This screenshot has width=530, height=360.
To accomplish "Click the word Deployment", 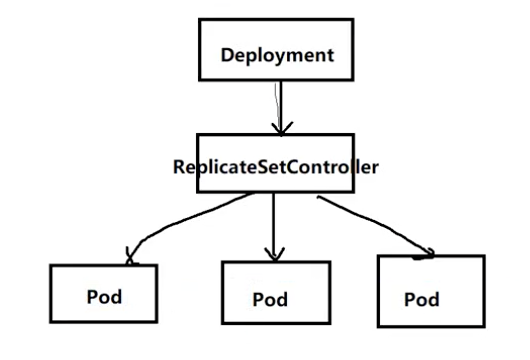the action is (x=277, y=55).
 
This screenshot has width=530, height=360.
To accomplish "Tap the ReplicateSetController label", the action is (x=276, y=167).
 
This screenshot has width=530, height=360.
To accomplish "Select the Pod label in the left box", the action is (x=104, y=297).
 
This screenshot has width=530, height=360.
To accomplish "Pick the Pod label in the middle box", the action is (x=270, y=299).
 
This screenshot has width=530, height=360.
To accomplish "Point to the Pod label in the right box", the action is (x=422, y=299).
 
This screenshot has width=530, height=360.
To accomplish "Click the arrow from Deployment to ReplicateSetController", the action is (x=280, y=107).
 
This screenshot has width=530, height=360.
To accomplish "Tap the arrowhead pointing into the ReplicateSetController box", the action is (x=282, y=129).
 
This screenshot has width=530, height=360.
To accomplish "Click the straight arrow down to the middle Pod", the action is (x=274, y=226).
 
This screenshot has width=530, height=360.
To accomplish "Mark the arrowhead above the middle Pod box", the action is (x=274, y=255).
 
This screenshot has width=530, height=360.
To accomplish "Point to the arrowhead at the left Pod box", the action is (x=130, y=256).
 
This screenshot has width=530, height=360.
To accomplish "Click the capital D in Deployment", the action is (x=227, y=55).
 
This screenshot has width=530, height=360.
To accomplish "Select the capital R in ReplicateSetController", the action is (x=179, y=167).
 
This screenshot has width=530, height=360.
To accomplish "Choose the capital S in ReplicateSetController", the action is (x=264, y=167).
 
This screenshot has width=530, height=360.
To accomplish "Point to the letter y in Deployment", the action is (x=284, y=57).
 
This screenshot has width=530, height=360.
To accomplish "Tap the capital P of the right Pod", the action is (x=410, y=299).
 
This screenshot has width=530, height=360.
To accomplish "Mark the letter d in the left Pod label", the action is (x=117, y=297).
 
